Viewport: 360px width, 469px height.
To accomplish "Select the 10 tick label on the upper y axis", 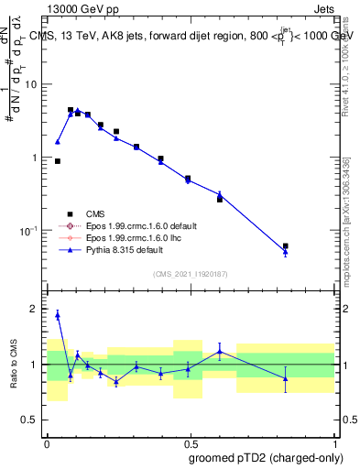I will coord(31,84).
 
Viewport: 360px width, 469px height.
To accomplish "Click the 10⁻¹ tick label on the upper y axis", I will coord(29,230).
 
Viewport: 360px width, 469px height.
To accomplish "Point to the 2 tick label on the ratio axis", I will coord(35,309).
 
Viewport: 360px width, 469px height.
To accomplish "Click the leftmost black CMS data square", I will coord(58,161).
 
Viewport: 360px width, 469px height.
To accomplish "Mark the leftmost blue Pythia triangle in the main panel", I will coord(58,142).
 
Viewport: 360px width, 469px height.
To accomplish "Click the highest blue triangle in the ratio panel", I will coord(58,314).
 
